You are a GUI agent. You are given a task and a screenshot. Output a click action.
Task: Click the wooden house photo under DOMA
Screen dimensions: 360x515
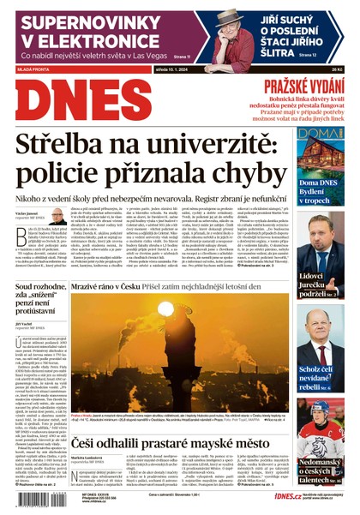[x=320, y=159]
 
